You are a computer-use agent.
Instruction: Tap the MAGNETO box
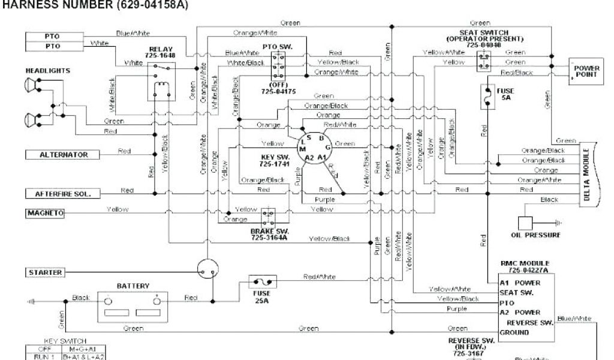[45, 213]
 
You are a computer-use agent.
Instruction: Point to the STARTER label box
[45, 272]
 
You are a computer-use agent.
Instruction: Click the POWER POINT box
[586, 71]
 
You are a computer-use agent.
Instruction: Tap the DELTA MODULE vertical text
[587, 173]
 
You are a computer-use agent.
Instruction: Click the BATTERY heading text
[133, 286]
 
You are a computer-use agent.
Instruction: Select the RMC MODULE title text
[525, 263]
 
